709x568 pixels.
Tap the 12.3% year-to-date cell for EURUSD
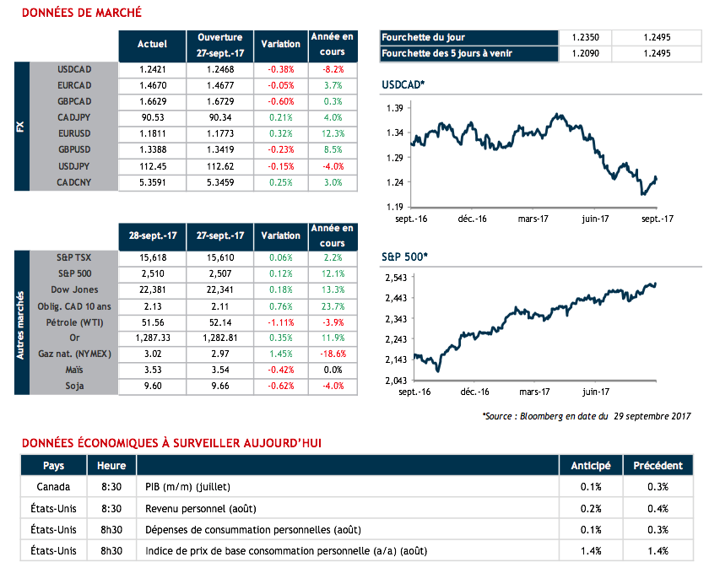coord(333,133)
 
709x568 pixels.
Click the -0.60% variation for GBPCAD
coord(280,101)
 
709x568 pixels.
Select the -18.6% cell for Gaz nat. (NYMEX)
coord(333,354)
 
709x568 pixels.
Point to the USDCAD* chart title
coord(403,85)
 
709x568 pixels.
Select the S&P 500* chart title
coord(404,255)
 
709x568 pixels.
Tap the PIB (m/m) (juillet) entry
coord(188,486)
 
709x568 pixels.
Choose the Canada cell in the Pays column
coord(53,486)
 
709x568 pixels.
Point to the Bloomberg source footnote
coord(587,416)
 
